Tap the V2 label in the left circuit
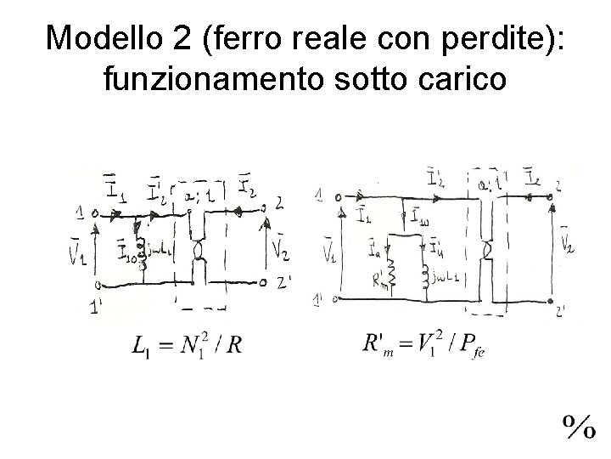(280, 248)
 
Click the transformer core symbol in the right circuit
(487, 251)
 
